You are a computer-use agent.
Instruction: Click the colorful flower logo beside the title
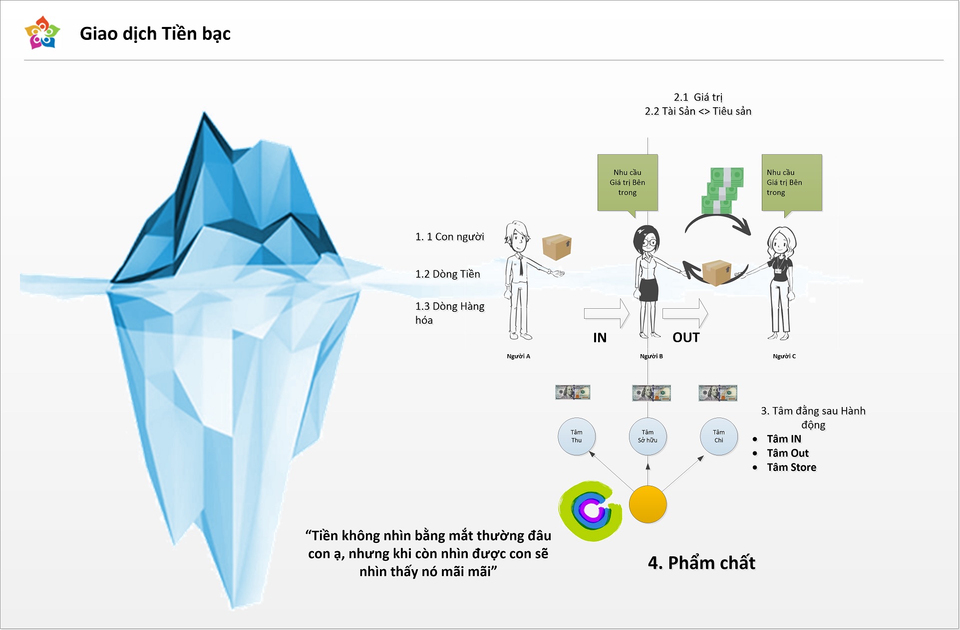[42, 33]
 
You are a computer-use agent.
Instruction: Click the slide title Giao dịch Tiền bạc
[155, 34]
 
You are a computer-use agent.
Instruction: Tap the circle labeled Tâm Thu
[577, 436]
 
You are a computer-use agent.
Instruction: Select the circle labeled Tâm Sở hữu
[647, 436]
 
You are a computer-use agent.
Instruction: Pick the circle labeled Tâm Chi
[718, 436]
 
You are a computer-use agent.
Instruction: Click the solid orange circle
[647, 504]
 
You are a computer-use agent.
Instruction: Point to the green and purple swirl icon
[591, 511]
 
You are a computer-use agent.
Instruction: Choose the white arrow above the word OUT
[685, 313]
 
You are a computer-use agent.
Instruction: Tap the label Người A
[518, 356]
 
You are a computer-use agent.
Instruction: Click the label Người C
[784, 356]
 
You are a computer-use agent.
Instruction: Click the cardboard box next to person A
[557, 247]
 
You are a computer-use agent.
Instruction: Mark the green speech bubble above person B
[628, 183]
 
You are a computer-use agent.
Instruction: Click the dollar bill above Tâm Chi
[718, 393]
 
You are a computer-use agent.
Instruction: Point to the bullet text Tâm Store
[791, 467]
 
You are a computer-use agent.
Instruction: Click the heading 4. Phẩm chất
[701, 563]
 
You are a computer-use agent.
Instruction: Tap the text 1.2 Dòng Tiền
[448, 274]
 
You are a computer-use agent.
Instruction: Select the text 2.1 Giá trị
[698, 97]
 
